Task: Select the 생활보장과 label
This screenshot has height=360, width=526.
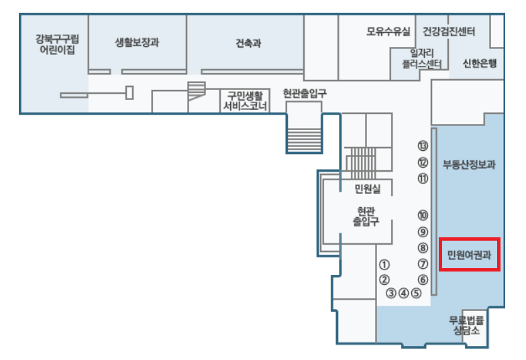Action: [x=137, y=42]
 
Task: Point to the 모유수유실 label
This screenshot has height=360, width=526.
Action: [x=388, y=31]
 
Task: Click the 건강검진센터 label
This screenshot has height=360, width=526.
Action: [x=449, y=31]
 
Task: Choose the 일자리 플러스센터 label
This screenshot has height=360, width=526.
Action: [x=417, y=58]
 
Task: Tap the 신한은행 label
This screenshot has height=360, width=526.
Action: [x=479, y=64]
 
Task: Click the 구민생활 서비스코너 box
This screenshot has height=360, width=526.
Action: [x=245, y=101]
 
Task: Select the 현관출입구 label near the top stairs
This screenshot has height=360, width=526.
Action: [x=304, y=94]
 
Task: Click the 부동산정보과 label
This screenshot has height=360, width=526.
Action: [x=469, y=165]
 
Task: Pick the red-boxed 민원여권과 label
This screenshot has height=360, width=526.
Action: [x=469, y=254]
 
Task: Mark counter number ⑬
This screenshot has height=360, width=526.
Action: [x=422, y=145]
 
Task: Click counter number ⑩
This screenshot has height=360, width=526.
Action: [x=422, y=215]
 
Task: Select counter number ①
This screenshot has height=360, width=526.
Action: [x=384, y=265]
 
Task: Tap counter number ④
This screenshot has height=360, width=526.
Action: [x=403, y=292]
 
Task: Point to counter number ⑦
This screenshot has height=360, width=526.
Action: [x=422, y=264]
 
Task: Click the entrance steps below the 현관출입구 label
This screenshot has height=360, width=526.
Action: [x=305, y=134]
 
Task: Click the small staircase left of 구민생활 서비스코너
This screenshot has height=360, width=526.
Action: [x=195, y=91]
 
